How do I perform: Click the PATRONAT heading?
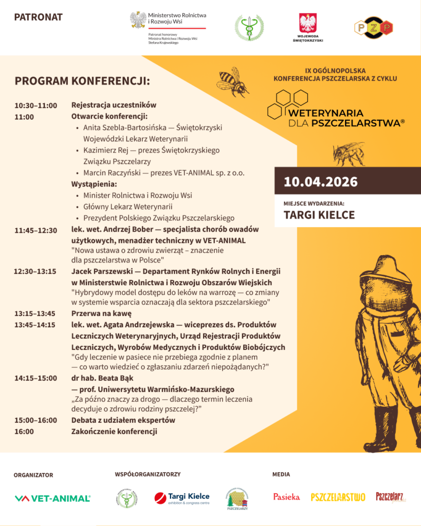tap(39, 17)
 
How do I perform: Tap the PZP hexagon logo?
tap(373, 28)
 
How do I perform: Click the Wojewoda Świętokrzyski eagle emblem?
tap(308, 24)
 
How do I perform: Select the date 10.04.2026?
tap(321, 182)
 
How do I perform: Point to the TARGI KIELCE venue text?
tap(319, 215)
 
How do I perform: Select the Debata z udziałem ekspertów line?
tap(123, 420)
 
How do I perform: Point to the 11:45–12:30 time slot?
tap(36, 230)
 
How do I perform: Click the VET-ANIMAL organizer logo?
tap(52, 498)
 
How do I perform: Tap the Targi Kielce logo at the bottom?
tap(182, 498)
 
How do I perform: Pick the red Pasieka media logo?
tap(286, 497)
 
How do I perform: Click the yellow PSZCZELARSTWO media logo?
tap(338, 497)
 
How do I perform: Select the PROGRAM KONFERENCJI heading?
tap(82, 81)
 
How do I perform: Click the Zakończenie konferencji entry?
tap(114, 431)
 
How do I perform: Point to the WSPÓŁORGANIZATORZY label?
tap(148, 475)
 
